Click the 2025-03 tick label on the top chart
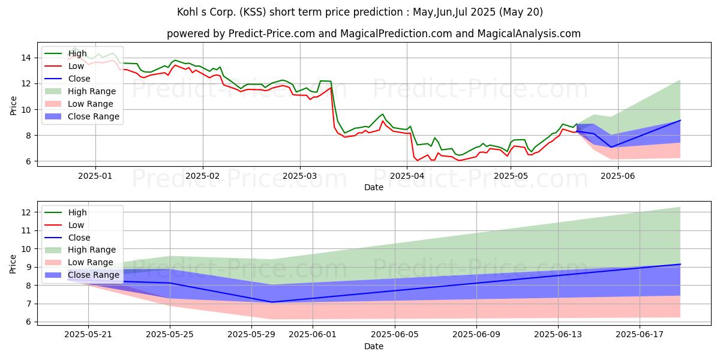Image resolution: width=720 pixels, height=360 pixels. point(299,176)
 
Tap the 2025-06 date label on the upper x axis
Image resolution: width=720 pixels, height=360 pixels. point(618,176)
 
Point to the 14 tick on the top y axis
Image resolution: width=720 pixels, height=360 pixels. point(26,58)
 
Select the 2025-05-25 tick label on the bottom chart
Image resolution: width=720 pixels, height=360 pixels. point(170,335)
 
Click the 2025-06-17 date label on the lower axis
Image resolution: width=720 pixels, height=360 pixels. point(640,335)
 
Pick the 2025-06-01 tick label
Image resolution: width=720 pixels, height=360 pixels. point(313,335)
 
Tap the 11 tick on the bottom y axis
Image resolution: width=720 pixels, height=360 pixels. point(26,231)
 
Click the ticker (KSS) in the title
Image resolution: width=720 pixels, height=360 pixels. point(253,12)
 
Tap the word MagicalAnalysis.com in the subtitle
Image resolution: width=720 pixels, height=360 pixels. point(529,34)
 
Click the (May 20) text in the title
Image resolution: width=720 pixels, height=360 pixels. point(521,12)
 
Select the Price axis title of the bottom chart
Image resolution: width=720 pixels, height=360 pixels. point(13,264)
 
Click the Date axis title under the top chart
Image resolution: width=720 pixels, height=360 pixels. point(373,187)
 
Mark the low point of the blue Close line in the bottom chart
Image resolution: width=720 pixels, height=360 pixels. point(272,302)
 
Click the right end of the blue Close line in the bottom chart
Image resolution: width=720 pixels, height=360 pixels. point(680,264)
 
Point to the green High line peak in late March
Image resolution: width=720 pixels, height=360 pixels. point(383,114)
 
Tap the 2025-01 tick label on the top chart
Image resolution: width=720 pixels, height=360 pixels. point(95,176)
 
